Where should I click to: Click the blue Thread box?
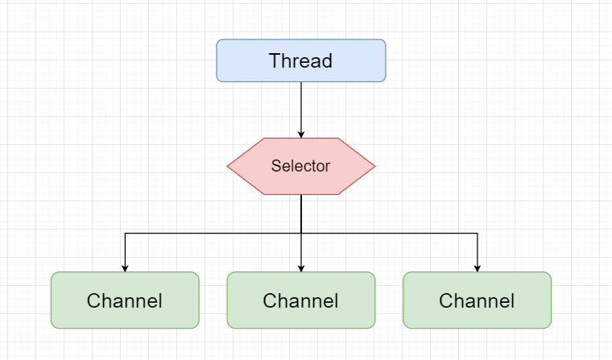pyautogui.click(x=300, y=60)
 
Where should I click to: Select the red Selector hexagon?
pyautogui.click(x=300, y=167)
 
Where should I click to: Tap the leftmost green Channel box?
pyautogui.click(x=125, y=300)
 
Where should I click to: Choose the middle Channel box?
pyautogui.click(x=300, y=300)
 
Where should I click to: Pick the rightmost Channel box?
pyautogui.click(x=477, y=300)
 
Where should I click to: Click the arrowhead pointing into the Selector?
pyautogui.click(x=301, y=134)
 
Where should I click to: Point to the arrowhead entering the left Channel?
pyautogui.click(x=125, y=267)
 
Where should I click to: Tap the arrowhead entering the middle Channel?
pyautogui.click(x=301, y=267)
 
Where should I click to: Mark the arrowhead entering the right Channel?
pyautogui.click(x=478, y=267)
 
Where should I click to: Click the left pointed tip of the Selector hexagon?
pyautogui.click(x=229, y=167)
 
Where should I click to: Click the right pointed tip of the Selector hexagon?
pyautogui.click(x=374, y=167)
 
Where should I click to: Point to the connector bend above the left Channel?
pyautogui.click(x=125, y=234)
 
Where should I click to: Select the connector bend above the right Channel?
pyautogui.click(x=478, y=234)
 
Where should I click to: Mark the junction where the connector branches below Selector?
pyautogui.click(x=301, y=234)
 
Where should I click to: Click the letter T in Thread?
pyautogui.click(x=275, y=61)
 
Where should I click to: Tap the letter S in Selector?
pyautogui.click(x=275, y=167)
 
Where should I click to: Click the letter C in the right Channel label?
pyautogui.click(x=445, y=301)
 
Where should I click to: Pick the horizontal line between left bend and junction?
pyautogui.click(x=213, y=234)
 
